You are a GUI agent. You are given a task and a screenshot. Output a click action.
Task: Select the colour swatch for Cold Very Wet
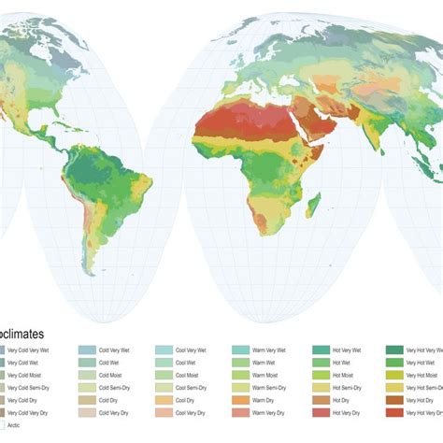point(86,350)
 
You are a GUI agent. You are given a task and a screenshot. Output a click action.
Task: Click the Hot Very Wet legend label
point(346,350)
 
